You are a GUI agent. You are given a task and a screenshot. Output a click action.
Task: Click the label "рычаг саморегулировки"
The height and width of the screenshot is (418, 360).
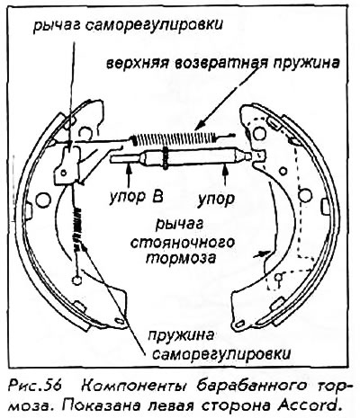tap(128, 25)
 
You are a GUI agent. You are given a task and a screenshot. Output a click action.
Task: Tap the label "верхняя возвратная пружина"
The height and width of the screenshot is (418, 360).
tap(223, 64)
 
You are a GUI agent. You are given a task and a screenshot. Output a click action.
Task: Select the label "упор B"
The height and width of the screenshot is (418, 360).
tap(136, 198)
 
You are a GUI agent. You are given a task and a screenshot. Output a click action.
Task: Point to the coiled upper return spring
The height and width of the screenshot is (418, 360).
tap(175, 138)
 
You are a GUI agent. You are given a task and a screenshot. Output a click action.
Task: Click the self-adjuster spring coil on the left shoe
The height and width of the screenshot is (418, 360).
tap(78, 227)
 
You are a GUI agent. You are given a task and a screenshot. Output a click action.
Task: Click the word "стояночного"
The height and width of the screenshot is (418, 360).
tap(183, 243)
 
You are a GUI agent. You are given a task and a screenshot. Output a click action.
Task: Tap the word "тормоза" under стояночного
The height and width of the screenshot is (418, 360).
tap(181, 258)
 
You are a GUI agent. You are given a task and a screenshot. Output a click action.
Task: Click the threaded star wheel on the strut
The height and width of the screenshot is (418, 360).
tap(166, 156)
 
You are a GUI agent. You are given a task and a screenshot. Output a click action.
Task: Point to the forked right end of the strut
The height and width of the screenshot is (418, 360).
tap(258, 156)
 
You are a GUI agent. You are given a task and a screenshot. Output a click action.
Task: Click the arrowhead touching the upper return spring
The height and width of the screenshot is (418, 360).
tap(199, 127)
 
